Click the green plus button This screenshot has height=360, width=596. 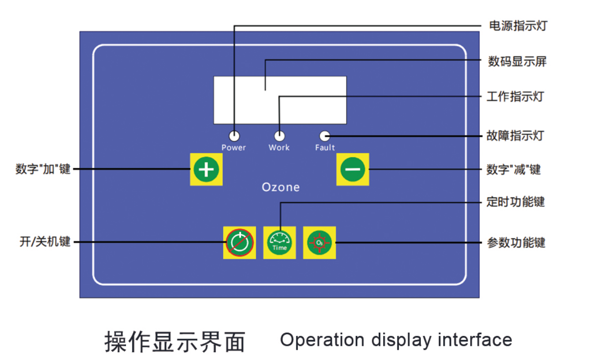(x=206, y=169)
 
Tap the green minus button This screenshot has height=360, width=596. (x=352, y=169)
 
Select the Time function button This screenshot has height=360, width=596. (x=280, y=242)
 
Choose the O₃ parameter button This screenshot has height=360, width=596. (x=319, y=242)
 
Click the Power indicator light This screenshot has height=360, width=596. (x=234, y=136)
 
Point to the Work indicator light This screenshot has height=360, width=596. (x=279, y=136)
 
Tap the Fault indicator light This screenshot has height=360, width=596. (x=324, y=136)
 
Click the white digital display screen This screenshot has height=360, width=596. (x=280, y=100)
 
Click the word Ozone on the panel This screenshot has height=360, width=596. (x=281, y=187)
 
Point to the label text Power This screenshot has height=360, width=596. (x=234, y=148)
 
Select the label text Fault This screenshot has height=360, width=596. (x=325, y=148)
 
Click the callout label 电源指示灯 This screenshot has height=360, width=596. (x=517, y=26)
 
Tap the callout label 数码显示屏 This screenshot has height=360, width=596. (x=517, y=62)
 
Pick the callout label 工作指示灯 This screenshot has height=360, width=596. (x=515, y=97)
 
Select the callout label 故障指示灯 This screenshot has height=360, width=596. (x=515, y=136)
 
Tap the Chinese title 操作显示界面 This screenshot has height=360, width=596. (x=175, y=341)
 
